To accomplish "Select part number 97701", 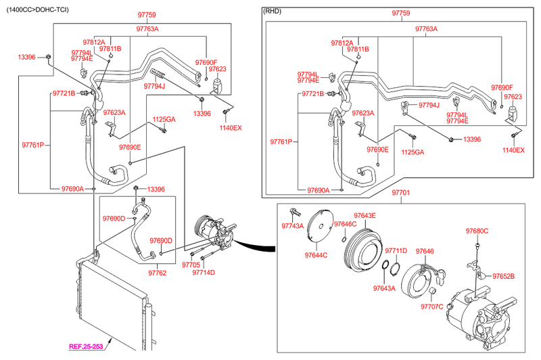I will [x=400, y=193].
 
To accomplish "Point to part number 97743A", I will [x=292, y=226].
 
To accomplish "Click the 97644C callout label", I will [x=316, y=255].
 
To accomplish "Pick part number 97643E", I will [x=364, y=215].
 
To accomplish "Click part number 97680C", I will [x=477, y=231].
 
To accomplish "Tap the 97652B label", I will [x=504, y=276].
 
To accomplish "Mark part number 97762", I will [x=157, y=273].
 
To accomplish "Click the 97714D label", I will [x=204, y=273].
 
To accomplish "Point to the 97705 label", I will [x=191, y=265].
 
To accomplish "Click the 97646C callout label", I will [x=345, y=224].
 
